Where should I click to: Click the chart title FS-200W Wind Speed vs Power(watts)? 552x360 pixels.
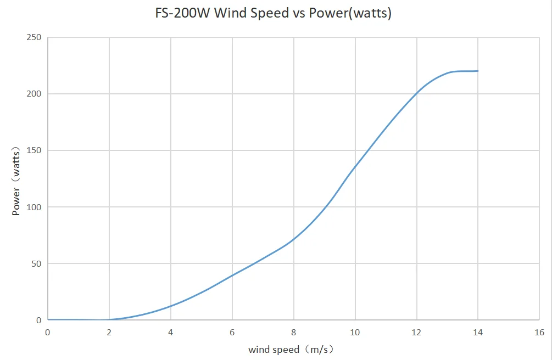pyautogui.click(x=274, y=14)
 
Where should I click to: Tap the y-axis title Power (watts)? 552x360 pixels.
pyautogui.click(x=16, y=181)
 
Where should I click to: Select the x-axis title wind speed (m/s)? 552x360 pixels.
pyautogui.click(x=291, y=349)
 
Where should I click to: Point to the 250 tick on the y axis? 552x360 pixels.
pyautogui.click(x=34, y=37)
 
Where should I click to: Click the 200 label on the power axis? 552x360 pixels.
pyautogui.click(x=34, y=94)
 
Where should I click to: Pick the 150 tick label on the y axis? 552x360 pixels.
pyautogui.click(x=34, y=150)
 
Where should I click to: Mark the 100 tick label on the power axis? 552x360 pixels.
pyautogui.click(x=34, y=207)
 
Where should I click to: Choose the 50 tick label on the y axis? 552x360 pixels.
pyautogui.click(x=36, y=263)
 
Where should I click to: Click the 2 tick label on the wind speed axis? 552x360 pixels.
pyautogui.click(x=109, y=333)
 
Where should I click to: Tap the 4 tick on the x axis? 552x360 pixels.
pyautogui.click(x=171, y=333)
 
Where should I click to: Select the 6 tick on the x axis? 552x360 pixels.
pyautogui.click(x=232, y=333)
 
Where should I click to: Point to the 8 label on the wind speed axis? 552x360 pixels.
pyautogui.click(x=294, y=333)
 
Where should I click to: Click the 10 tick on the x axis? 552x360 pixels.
pyautogui.click(x=355, y=333)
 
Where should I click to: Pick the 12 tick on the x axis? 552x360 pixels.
pyautogui.click(x=416, y=333)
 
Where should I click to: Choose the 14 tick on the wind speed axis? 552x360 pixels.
pyautogui.click(x=478, y=333)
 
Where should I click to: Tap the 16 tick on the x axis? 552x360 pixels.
pyautogui.click(x=539, y=333)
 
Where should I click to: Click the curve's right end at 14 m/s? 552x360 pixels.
pyautogui.click(x=478, y=71)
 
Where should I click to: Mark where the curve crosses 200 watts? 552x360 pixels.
pyautogui.click(x=417, y=94)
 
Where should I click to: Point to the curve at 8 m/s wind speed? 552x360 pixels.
pyautogui.click(x=294, y=239)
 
